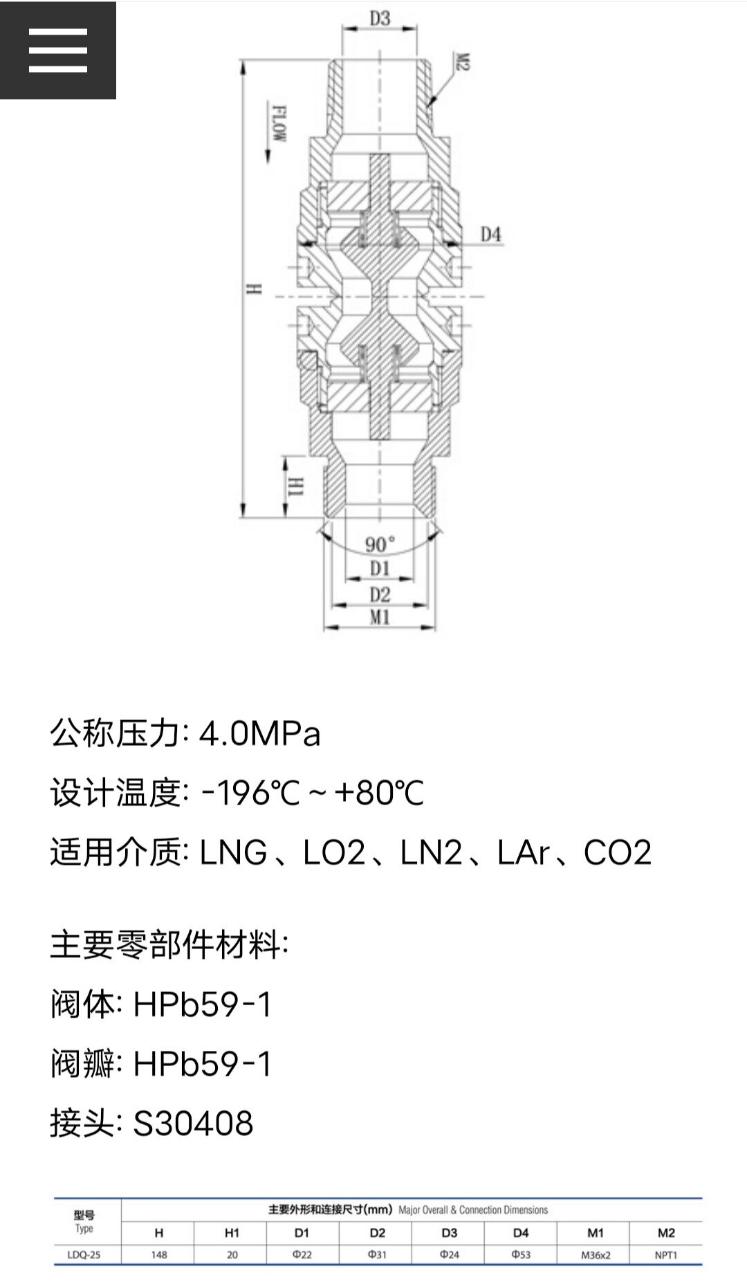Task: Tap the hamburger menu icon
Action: (x=58, y=51)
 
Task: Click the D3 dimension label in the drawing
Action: (x=380, y=19)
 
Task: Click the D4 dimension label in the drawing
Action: (x=490, y=235)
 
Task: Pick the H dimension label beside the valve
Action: (x=254, y=289)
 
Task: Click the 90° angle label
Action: (x=380, y=544)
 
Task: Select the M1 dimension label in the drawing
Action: (x=380, y=617)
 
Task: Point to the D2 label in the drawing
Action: (x=380, y=594)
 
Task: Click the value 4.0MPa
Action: (x=260, y=733)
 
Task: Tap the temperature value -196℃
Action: (x=250, y=793)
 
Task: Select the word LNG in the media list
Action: (x=233, y=852)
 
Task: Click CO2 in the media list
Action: (x=617, y=852)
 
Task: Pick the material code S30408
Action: (x=193, y=1123)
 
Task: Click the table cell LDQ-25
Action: (x=84, y=1255)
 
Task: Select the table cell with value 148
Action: (x=159, y=1255)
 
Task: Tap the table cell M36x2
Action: (x=595, y=1255)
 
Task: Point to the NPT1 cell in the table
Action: (x=666, y=1255)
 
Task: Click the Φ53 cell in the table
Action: (x=521, y=1255)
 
